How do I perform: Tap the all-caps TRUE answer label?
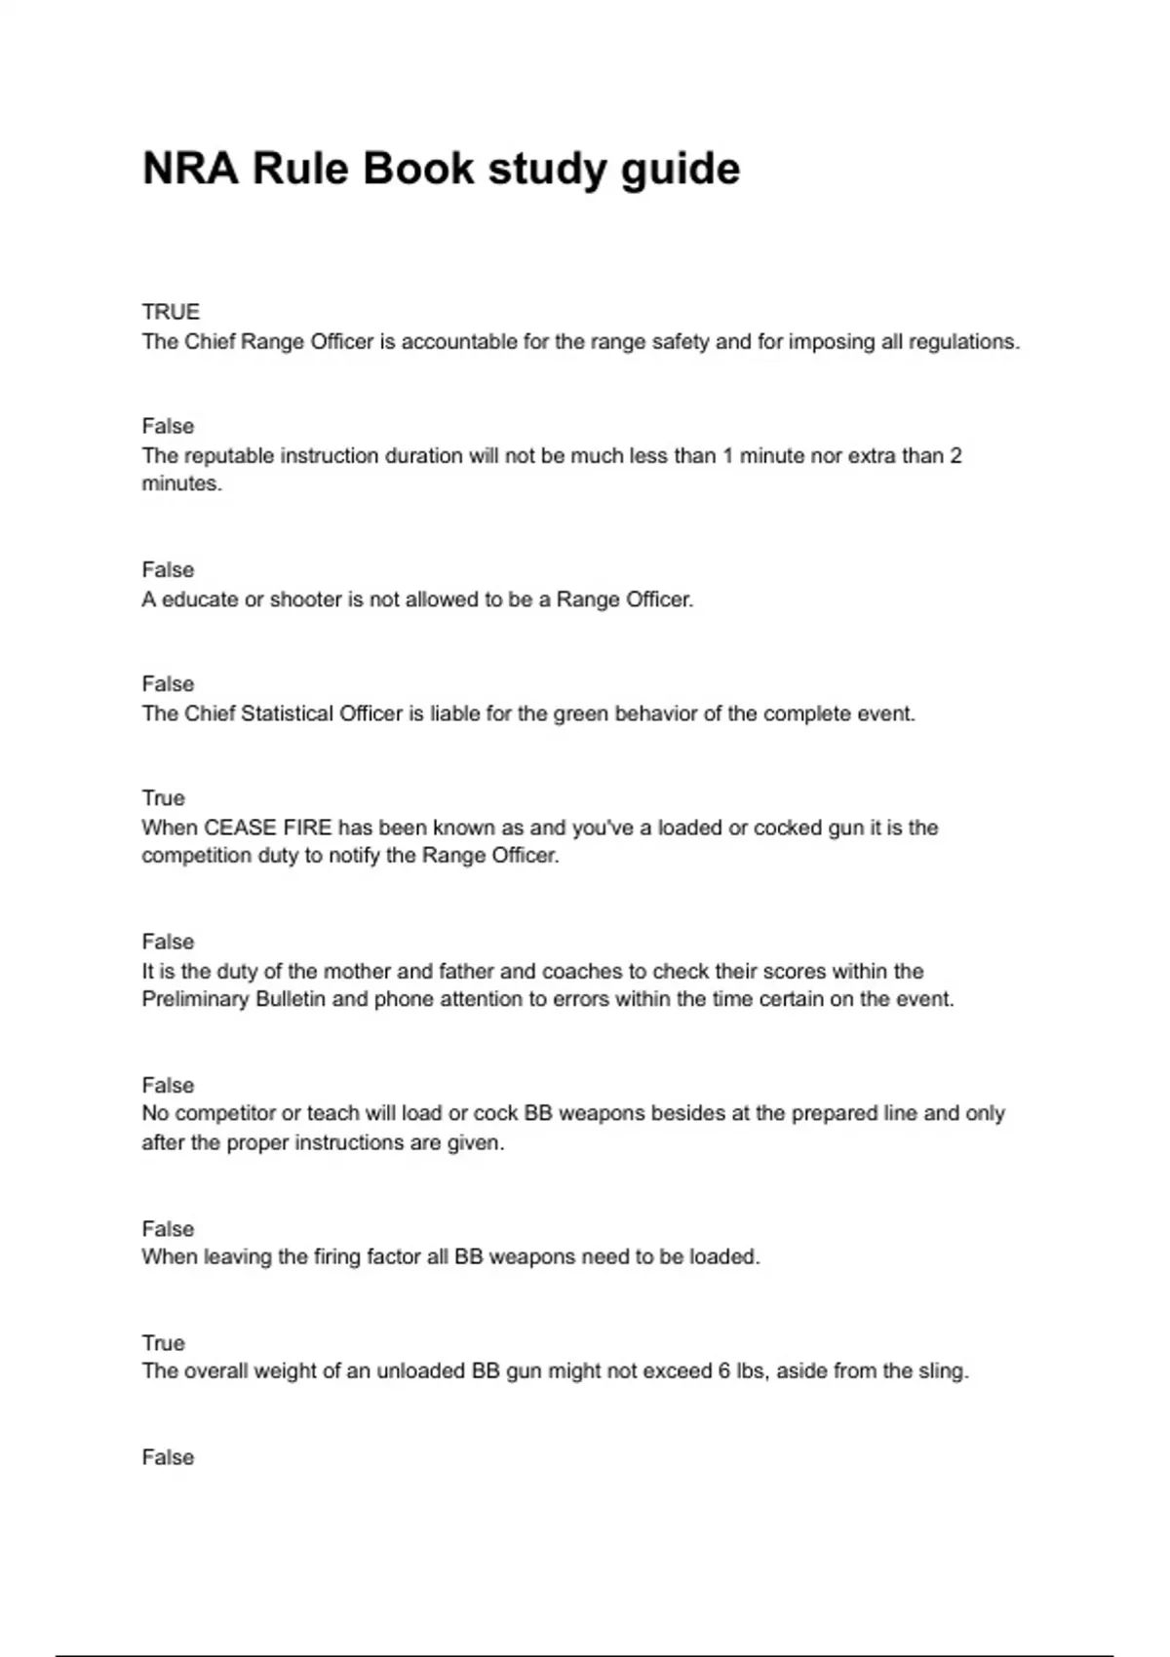pyautogui.click(x=171, y=312)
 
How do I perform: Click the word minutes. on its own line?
pyautogui.click(x=182, y=484)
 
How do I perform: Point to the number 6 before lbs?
pyautogui.click(x=724, y=1371)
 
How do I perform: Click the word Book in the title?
pyautogui.click(x=419, y=169)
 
